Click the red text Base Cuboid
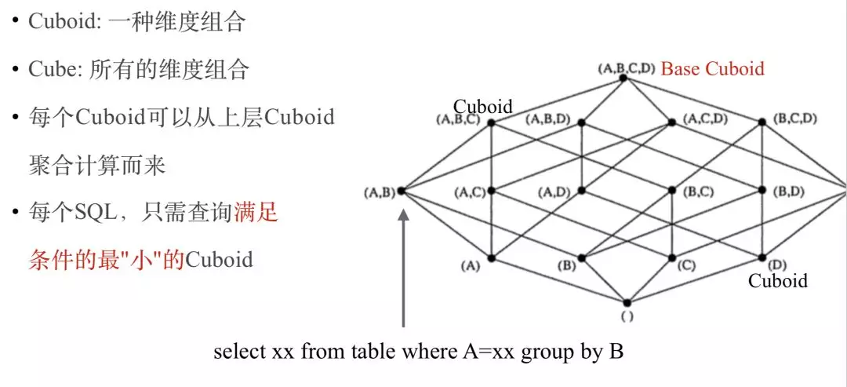pos(712,68)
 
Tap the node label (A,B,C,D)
pos(625,68)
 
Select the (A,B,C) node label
pos(457,120)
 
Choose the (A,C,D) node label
pos(705,119)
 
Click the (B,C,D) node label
pos(795,119)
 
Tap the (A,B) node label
pos(380,191)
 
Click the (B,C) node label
pos(698,191)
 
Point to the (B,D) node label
pos(789,191)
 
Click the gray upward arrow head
pos(404,214)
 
